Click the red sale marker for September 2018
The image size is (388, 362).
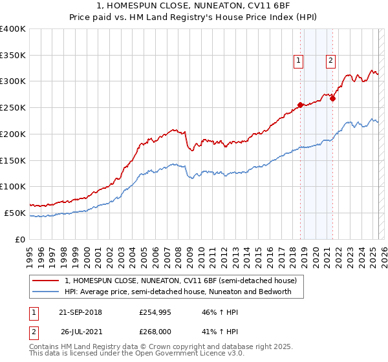tap(300, 105)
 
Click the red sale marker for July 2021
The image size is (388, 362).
tap(332, 98)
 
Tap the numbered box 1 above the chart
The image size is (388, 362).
tap(299, 61)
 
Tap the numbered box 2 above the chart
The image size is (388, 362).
tap(330, 61)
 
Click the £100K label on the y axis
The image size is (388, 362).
tap(13, 186)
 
